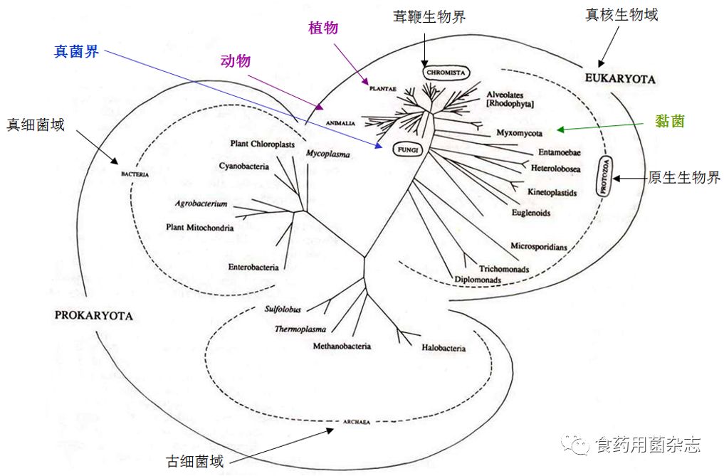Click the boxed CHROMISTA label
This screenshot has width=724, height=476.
click(x=446, y=72)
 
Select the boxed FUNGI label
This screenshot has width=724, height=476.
click(x=407, y=149)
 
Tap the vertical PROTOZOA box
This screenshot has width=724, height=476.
click(x=607, y=177)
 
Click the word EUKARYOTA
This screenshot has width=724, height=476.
click(x=620, y=78)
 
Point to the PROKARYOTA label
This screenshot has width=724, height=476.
click(x=93, y=315)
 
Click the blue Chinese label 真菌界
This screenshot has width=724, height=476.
click(x=76, y=52)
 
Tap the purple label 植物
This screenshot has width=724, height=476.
click(x=323, y=28)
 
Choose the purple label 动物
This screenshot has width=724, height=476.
click(x=236, y=61)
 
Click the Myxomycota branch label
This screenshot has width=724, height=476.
click(x=520, y=132)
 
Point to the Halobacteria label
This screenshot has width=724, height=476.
click(x=444, y=348)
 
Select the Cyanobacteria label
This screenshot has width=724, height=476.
click(x=244, y=166)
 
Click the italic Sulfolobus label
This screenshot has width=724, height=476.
click(x=283, y=310)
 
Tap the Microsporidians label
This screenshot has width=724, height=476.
click(x=539, y=246)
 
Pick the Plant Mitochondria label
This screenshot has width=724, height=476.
click(x=200, y=228)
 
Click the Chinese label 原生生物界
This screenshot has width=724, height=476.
click(x=683, y=178)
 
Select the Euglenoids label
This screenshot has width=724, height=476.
click(x=531, y=212)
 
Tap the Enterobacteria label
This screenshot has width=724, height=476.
click(x=253, y=268)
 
